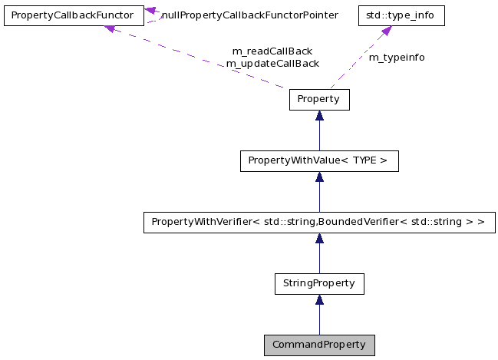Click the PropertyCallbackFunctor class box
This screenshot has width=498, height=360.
coord(73,15)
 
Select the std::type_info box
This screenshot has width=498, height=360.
coord(391,15)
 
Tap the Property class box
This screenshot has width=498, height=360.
coord(319,100)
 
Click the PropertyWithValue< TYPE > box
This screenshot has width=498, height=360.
coord(319,161)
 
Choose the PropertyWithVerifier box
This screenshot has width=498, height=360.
coord(319,223)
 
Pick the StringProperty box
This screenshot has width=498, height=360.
coord(319,283)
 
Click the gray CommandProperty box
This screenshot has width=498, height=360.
coord(319,345)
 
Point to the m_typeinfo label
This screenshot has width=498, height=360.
coord(397,58)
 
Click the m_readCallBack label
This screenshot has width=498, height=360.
coord(272,51)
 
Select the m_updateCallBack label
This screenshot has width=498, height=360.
coord(272,64)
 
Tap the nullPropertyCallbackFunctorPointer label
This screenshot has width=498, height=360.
coord(249,15)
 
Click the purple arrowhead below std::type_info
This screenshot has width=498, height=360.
coord(386,31)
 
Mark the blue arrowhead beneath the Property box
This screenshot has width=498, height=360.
coord(319,116)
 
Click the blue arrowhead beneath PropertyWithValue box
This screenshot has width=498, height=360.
coord(319,177)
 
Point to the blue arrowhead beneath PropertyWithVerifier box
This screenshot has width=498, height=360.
coord(319,239)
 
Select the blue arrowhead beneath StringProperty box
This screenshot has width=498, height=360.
coord(319,299)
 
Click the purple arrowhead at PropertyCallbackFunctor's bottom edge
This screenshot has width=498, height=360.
coord(110,28)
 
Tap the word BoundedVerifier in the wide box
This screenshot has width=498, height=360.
coord(359,223)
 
